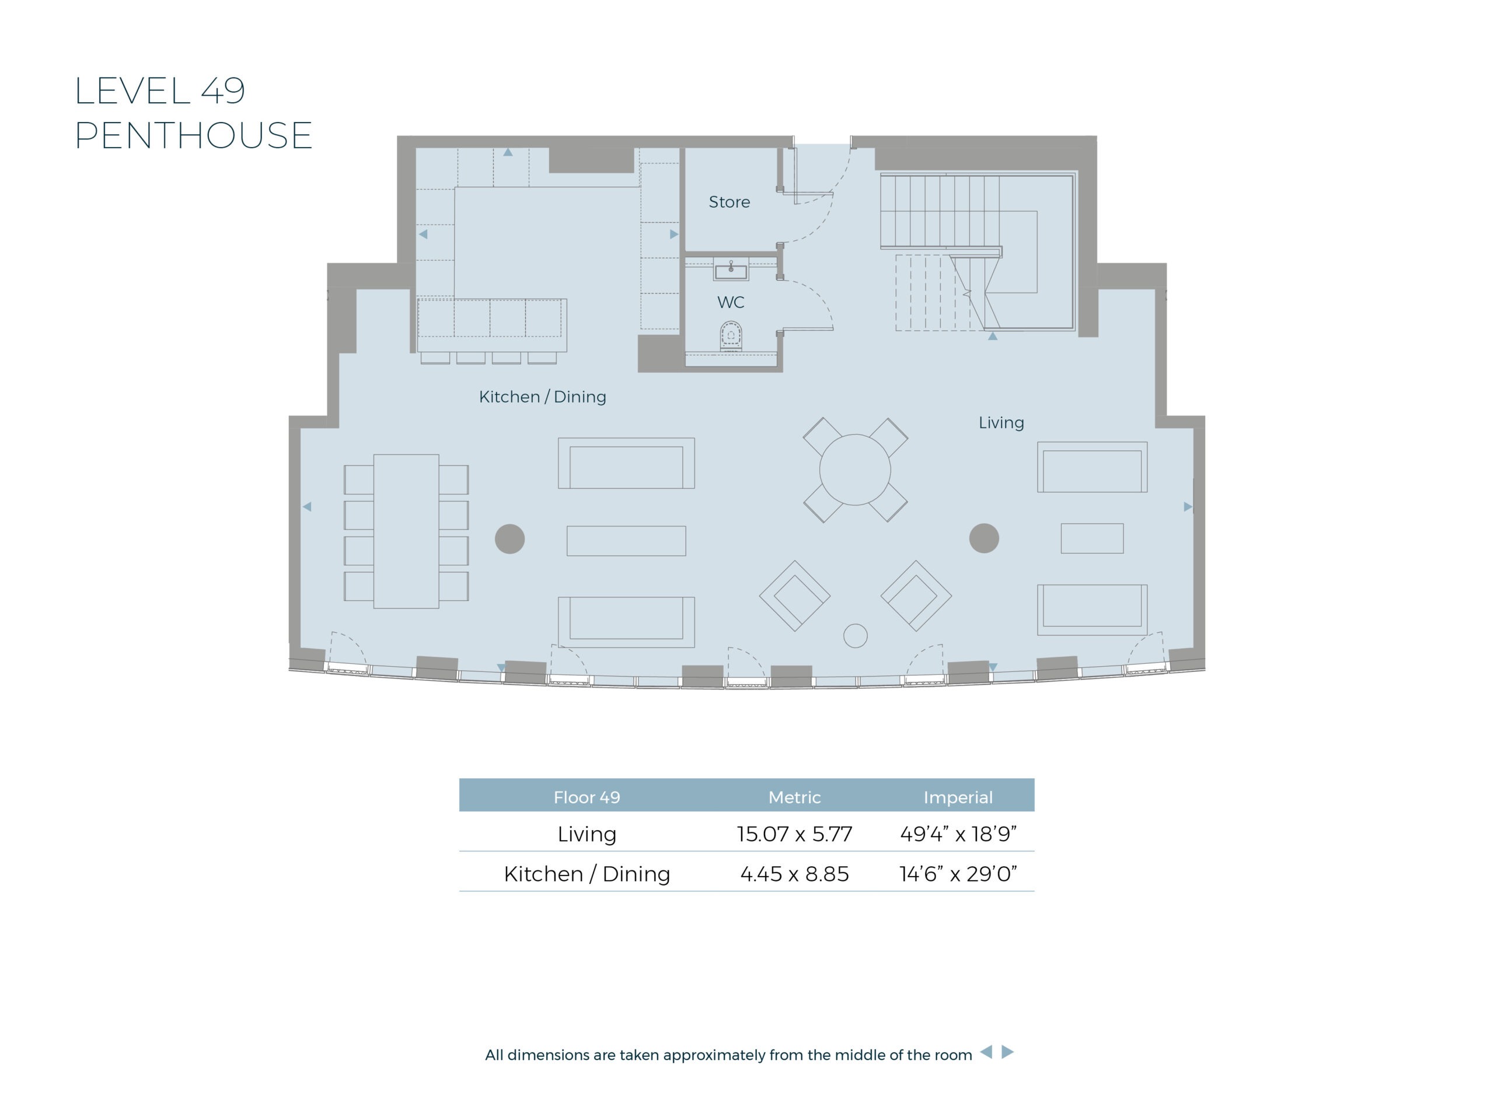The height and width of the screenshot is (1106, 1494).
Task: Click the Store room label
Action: click(729, 201)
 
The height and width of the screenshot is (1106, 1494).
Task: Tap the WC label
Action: click(731, 302)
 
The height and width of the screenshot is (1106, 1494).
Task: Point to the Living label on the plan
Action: click(1001, 422)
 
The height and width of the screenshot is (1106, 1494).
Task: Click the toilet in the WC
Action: click(731, 335)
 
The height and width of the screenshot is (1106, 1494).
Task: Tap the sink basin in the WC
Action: click(731, 272)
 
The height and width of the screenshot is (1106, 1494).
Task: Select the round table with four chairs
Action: click(855, 470)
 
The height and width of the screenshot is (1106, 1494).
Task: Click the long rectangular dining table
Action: click(406, 531)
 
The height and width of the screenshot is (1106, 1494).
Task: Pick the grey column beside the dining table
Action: click(509, 539)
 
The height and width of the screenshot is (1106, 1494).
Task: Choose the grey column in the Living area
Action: click(984, 538)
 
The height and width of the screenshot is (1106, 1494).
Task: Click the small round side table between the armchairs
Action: click(855, 635)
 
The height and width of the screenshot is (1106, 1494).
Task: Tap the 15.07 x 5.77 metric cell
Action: click(794, 834)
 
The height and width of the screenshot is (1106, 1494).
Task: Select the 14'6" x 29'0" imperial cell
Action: click(958, 874)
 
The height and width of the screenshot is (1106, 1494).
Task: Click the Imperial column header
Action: click(958, 797)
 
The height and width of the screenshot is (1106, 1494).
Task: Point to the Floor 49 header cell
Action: click(587, 797)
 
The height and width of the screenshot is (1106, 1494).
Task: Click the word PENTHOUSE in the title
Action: click(194, 135)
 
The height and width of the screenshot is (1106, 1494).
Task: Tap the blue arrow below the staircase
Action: click(993, 336)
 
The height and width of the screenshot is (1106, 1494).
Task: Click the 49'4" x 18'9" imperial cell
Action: click(958, 834)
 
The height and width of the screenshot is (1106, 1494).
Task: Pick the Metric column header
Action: click(794, 797)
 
